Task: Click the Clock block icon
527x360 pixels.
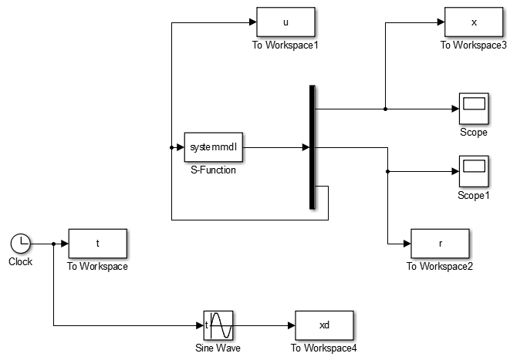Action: pos(21,244)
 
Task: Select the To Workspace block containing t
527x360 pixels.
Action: pos(98,244)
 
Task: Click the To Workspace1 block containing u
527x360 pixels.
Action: pos(285,22)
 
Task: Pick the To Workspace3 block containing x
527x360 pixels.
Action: pos(474,22)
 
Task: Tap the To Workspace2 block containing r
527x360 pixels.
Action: pos(440,244)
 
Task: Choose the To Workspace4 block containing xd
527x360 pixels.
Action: pos(324,325)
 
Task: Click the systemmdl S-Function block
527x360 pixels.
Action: pos(214,147)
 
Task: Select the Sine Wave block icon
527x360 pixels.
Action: pos(218,325)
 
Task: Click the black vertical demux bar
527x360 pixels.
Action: pos(312,147)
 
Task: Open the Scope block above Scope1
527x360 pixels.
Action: pos(474,109)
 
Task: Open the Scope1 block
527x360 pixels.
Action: pos(474,171)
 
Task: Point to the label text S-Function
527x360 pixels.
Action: pos(213,170)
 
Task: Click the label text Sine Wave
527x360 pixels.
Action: pos(218,348)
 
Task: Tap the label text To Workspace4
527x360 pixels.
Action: pos(323,348)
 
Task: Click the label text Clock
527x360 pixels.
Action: pos(21,261)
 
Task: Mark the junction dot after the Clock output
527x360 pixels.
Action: pos(54,244)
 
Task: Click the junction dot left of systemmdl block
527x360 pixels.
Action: pos(172,147)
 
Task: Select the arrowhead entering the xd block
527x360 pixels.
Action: pos(292,325)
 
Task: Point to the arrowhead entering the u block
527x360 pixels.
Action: pos(253,22)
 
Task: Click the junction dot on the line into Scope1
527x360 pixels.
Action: pos(388,172)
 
